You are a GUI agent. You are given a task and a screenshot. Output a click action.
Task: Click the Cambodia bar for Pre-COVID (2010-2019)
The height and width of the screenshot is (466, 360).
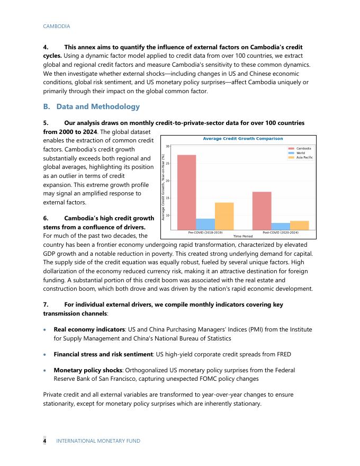186,192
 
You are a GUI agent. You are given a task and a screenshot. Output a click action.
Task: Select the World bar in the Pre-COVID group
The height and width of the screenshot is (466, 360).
205,224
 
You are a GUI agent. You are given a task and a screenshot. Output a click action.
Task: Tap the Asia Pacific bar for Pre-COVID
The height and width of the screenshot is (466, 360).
224,216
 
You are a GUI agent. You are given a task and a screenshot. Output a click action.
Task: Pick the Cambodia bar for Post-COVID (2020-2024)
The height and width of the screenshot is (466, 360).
262,211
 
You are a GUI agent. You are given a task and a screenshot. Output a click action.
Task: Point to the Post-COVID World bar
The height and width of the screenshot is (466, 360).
281,226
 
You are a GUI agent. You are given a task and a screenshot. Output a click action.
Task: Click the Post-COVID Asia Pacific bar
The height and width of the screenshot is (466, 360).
300,225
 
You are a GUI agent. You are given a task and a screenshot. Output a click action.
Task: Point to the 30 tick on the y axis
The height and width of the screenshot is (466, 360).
168,146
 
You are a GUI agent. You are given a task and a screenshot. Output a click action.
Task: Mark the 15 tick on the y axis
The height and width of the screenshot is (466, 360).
168,198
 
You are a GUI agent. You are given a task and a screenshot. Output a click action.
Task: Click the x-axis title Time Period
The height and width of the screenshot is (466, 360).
243,236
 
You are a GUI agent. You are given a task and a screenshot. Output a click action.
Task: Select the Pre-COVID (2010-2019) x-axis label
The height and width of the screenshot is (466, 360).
205,232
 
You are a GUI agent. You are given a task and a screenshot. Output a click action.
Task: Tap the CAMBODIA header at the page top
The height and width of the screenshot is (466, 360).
56,26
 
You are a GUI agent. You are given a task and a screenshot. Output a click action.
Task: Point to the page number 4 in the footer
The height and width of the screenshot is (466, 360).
45,441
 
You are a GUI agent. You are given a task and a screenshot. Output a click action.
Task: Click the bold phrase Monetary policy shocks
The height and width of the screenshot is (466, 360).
86,370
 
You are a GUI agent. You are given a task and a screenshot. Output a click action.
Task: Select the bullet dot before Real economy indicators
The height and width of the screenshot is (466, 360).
46,329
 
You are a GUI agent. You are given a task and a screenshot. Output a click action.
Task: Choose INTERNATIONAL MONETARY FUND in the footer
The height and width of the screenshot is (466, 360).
98,441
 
